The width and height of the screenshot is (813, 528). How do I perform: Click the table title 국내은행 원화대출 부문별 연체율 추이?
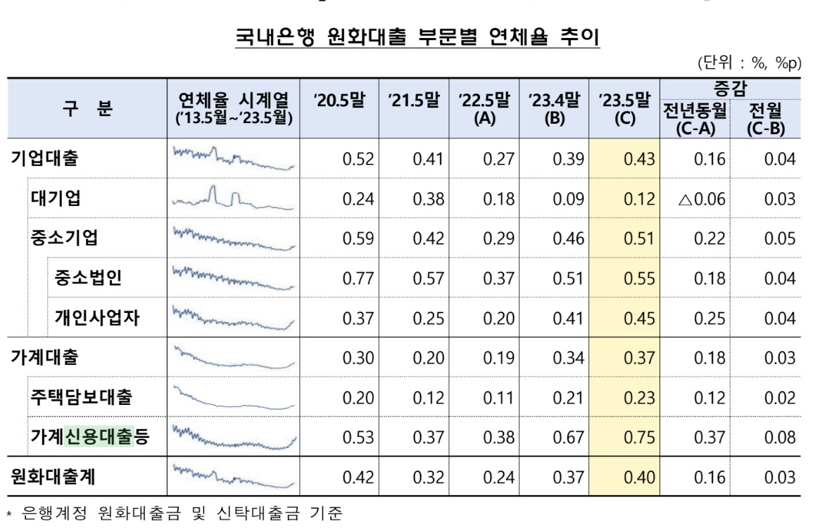417,37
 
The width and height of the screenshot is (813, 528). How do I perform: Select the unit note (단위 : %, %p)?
749,63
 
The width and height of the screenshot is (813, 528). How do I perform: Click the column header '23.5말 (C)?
624,109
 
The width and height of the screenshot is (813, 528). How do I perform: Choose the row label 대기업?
56,198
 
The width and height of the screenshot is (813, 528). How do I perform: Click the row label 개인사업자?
97,318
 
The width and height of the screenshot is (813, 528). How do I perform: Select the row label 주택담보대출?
80,397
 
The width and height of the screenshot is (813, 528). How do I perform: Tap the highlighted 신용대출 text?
99,437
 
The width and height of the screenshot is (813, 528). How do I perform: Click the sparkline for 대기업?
233,198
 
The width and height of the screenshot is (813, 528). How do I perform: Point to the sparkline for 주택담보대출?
233,397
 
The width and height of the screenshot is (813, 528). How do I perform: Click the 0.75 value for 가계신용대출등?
639,438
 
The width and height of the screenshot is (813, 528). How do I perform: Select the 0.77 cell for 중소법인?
357,278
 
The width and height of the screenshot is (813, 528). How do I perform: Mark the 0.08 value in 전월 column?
780,438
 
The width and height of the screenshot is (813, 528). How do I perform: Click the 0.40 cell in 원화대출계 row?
639,478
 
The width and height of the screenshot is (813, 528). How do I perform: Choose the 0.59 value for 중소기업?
357,238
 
